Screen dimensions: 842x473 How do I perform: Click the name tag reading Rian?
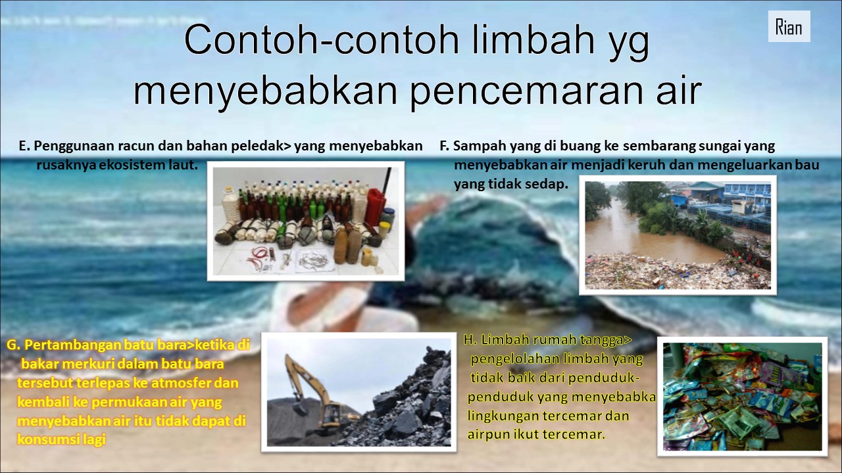pos(789,26)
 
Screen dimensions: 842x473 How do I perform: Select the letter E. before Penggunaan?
pos(24,146)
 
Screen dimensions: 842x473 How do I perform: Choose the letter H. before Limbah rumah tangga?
pos(470,340)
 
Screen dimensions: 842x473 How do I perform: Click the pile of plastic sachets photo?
pos(743,397)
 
